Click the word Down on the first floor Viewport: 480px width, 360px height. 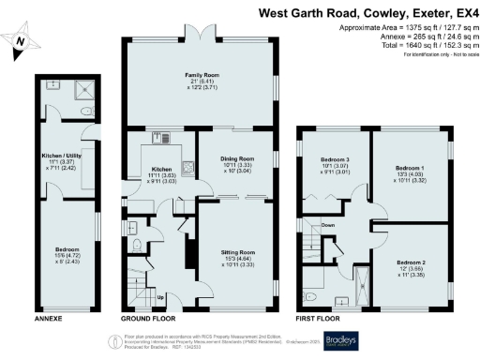click(328, 226)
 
